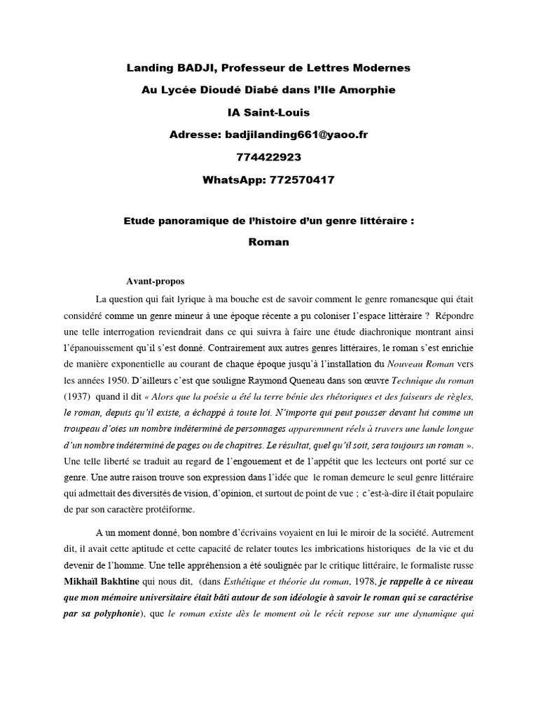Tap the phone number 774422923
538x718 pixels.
tap(268, 157)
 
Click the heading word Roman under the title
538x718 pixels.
tap(268, 243)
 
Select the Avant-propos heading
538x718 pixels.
tap(156, 281)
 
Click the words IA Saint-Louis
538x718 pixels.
tap(268, 112)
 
